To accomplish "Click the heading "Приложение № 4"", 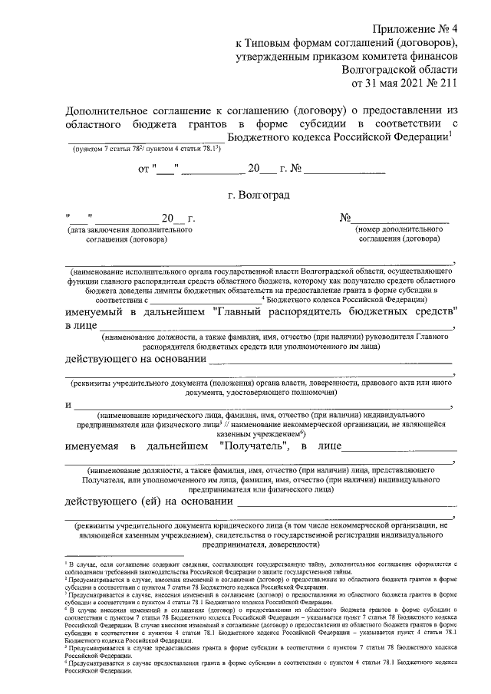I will click(x=418, y=26).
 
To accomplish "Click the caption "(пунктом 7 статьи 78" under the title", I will click(x=108, y=150).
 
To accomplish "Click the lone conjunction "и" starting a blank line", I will click(x=68, y=406).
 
